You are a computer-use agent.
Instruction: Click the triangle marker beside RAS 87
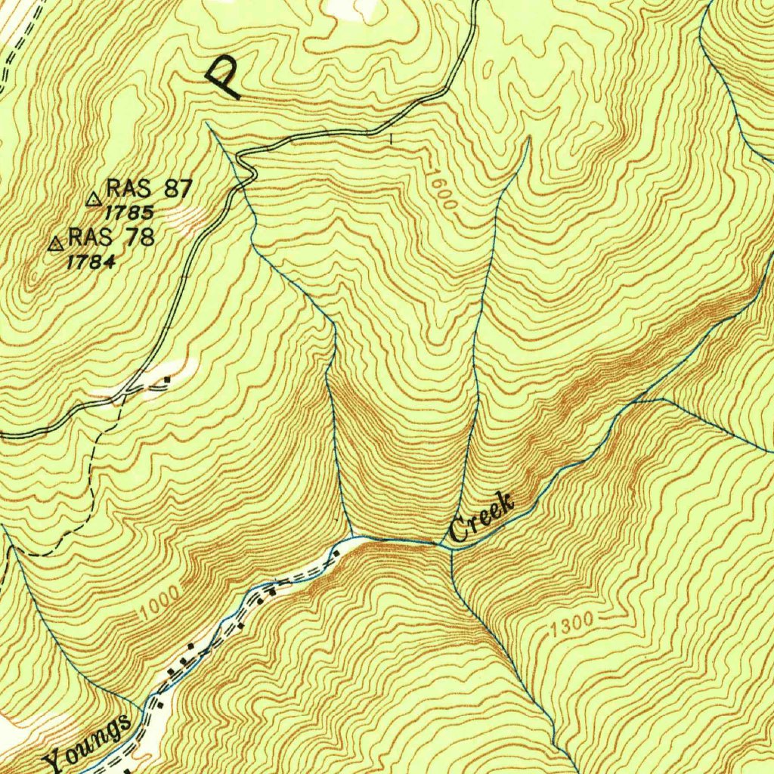94,200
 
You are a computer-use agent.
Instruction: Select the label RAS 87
150,188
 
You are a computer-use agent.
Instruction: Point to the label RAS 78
112,237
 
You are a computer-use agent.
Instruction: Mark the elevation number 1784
91,262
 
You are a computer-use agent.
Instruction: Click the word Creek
481,518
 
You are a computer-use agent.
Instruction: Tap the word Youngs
88,743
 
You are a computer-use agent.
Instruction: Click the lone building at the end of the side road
167,379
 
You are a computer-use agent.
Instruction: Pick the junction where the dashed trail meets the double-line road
121,397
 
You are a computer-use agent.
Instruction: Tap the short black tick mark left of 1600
391,138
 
